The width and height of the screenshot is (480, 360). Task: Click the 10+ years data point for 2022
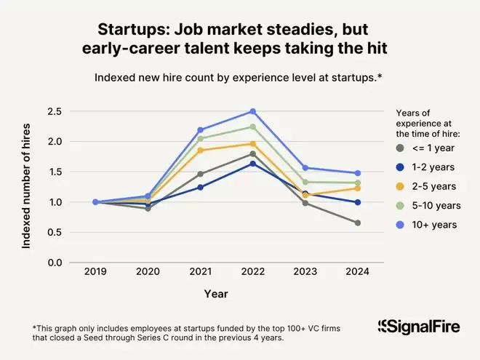coord(252,111)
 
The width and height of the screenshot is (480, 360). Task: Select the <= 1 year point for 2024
coord(358,223)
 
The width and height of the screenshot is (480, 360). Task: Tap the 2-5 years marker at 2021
coord(200,150)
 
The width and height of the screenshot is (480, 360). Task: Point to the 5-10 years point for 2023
coord(305,182)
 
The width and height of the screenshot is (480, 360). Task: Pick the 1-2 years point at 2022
coord(252,164)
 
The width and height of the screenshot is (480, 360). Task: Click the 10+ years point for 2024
coord(358,173)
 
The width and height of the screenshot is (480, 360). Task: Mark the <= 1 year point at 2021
coord(200,174)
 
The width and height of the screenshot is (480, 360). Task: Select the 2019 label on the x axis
coord(95,271)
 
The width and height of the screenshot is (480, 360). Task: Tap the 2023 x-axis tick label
coord(305,271)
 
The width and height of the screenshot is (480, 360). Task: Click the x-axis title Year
coord(215,294)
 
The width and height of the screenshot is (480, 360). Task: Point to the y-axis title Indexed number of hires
coord(26,187)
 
